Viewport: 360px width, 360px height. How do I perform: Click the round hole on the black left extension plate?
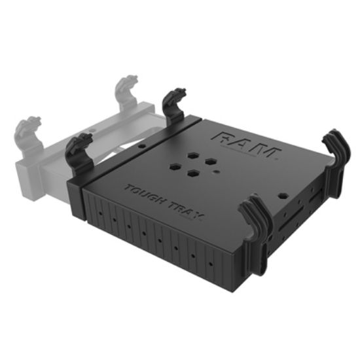tap(139, 147)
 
